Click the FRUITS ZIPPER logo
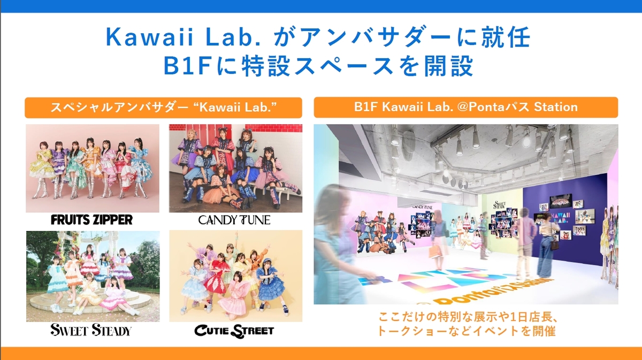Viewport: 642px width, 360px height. tap(91, 220)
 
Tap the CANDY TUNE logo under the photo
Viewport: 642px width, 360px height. tap(234, 220)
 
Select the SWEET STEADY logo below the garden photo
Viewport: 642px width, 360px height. tap(91, 330)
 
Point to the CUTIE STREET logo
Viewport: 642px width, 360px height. tap(234, 331)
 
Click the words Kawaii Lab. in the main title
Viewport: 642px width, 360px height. tap(184, 37)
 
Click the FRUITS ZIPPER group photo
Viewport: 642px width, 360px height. tap(92, 168)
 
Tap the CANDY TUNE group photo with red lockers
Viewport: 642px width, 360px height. tap(235, 168)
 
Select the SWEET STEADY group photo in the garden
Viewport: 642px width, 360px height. tap(93, 277)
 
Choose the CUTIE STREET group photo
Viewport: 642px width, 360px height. tap(235, 276)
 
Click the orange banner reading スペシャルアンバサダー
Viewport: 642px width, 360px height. tap(163, 108)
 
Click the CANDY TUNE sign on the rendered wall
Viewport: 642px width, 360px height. tap(422, 206)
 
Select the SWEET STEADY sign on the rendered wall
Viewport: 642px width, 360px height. tap(500, 205)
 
